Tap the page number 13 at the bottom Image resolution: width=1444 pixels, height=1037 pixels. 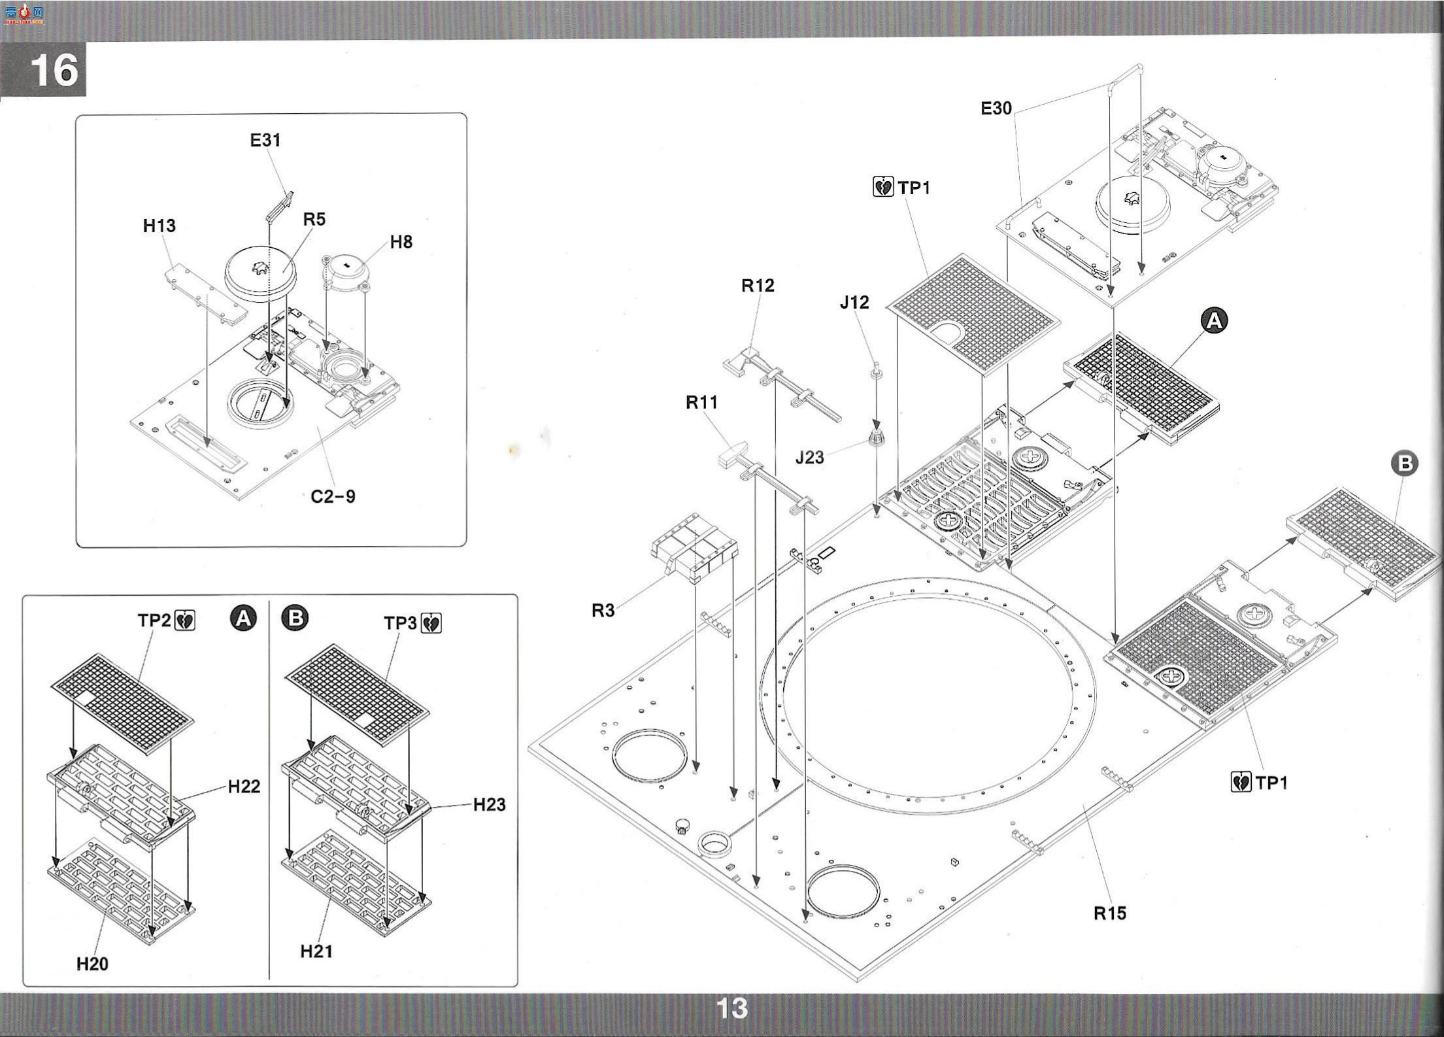coord(731,1008)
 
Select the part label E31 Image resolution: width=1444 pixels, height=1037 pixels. coord(265,140)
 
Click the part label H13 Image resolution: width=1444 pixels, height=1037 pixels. coord(160,226)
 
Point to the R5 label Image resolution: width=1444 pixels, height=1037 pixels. coord(314,219)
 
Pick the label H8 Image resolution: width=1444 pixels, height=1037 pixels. coord(401,242)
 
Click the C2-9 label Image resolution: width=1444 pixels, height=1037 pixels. coord(333,496)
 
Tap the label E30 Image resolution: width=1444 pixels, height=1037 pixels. coord(996,109)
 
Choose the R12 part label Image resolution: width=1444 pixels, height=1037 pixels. coord(758,285)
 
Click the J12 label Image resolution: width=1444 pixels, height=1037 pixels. coord(854,302)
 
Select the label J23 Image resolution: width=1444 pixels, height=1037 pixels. coord(809,458)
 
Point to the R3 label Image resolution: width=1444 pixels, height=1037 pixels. coord(603,610)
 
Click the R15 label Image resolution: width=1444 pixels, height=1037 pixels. coord(1110,913)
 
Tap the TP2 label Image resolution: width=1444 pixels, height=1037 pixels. coord(154,620)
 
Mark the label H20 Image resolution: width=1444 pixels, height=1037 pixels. coord(92,963)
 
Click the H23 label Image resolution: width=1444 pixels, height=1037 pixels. coord(489,804)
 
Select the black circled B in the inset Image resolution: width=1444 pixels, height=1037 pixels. coord(295,618)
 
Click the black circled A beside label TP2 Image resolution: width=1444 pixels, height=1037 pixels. coord(244,618)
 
